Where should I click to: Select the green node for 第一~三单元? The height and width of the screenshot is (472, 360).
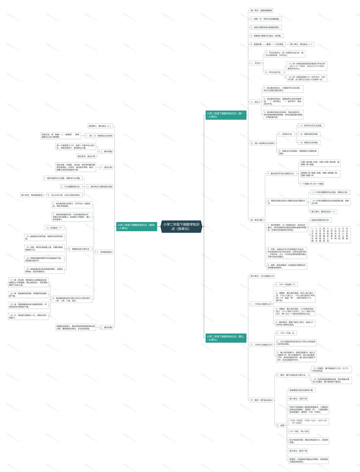(226, 114)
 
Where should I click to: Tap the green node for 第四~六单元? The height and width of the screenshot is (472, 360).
(136, 226)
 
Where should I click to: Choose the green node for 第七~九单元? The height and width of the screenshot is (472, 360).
(226, 338)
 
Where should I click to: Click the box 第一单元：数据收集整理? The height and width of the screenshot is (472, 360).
(262, 10)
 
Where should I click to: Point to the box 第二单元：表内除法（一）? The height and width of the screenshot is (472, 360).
(301, 44)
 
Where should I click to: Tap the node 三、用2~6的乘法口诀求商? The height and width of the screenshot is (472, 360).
(262, 143)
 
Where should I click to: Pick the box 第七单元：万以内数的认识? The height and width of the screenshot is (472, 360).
(262, 275)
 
